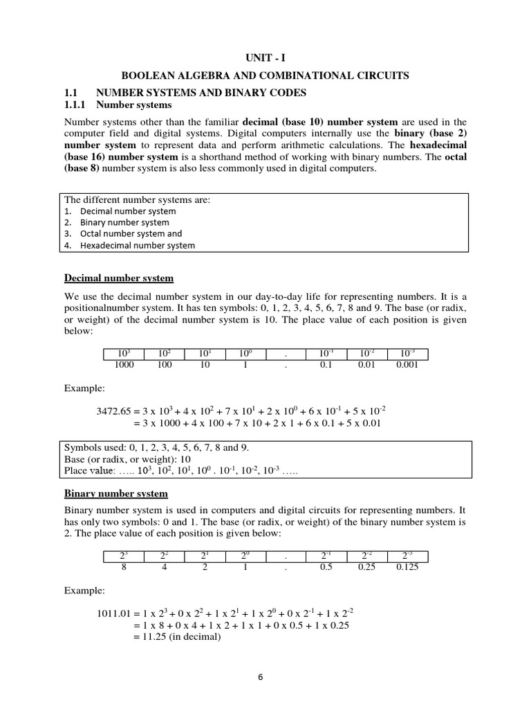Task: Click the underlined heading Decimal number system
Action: (119, 278)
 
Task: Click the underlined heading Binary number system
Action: (116, 494)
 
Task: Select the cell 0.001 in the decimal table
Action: (407, 365)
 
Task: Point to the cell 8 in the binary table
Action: (124, 566)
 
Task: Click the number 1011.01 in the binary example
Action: (114, 613)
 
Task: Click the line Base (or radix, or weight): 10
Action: (124, 459)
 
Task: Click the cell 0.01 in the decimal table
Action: (366, 365)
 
